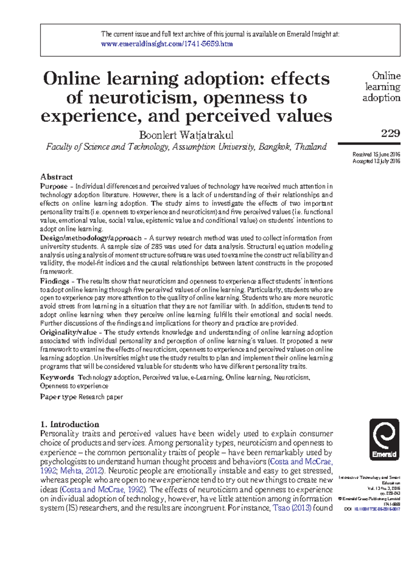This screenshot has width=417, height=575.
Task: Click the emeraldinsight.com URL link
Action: click(x=166, y=44)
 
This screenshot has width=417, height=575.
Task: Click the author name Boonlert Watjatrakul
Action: click(x=186, y=135)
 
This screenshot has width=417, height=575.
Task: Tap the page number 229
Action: click(x=390, y=133)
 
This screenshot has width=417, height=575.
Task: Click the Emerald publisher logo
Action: click(x=384, y=439)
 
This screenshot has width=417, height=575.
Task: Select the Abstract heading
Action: click(x=56, y=176)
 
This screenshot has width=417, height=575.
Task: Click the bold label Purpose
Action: click(x=54, y=186)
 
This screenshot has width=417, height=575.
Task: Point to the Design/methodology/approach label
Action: click(x=90, y=238)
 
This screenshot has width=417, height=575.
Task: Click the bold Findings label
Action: click(x=55, y=281)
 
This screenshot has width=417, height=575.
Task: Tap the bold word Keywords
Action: click(x=57, y=377)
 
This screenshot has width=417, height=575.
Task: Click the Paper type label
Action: click(x=58, y=397)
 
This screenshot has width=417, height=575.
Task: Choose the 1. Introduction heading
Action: click(x=69, y=424)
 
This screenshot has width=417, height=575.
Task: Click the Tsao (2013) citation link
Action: click(x=292, y=508)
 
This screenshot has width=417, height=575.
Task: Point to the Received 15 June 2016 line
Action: click(x=376, y=154)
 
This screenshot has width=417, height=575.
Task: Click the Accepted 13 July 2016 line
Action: click(x=376, y=161)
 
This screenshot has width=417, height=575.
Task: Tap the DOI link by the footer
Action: click(x=377, y=509)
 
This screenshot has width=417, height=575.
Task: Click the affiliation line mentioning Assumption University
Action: click(x=186, y=147)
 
